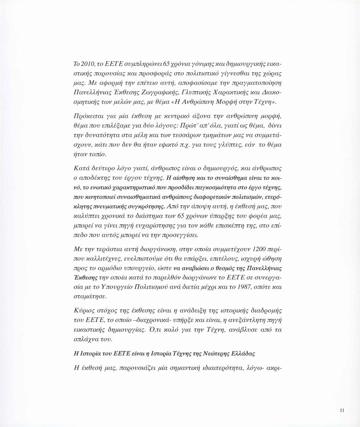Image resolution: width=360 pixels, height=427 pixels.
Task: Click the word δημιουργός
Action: (x=202, y=169)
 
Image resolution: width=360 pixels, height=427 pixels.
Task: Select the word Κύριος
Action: (x=83, y=311)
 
